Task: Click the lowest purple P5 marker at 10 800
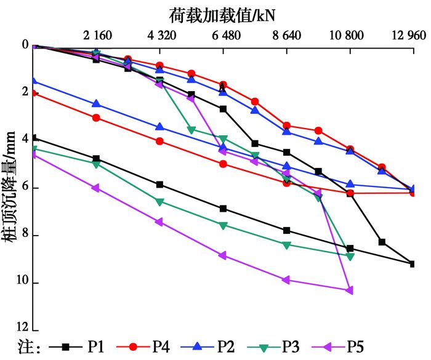350,290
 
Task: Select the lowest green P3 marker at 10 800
350,257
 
